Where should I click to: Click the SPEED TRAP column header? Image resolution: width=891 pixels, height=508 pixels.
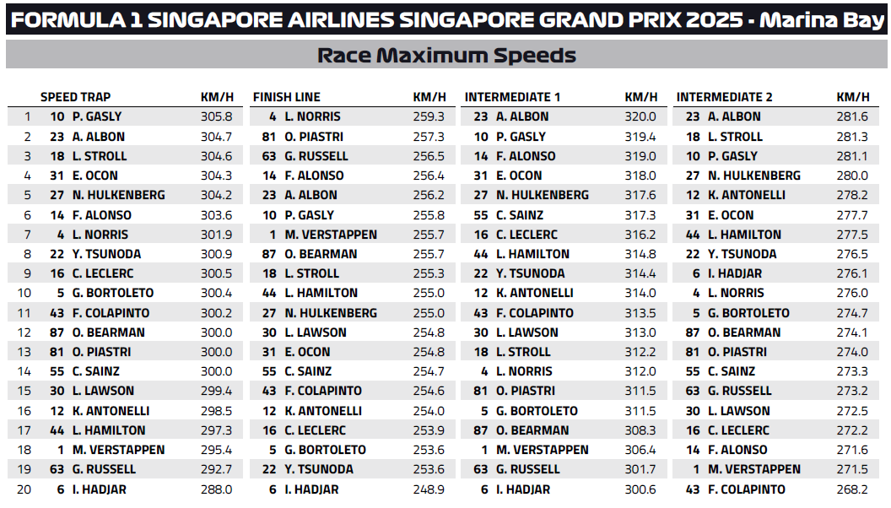(x=75, y=97)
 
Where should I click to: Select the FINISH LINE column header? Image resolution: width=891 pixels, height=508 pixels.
(x=287, y=97)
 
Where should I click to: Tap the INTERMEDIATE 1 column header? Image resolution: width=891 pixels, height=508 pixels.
(x=512, y=97)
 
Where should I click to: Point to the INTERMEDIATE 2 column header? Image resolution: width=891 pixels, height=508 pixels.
(x=724, y=97)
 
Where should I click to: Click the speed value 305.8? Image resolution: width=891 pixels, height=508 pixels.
(x=216, y=117)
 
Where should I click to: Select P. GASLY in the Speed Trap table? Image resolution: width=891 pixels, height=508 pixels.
(x=97, y=117)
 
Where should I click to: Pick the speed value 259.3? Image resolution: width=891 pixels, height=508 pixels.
(x=429, y=117)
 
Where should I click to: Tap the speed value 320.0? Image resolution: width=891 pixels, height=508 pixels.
(x=640, y=117)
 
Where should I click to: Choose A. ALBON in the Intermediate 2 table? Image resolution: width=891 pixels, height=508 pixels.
(x=734, y=117)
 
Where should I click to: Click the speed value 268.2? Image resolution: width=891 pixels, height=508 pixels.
(x=852, y=489)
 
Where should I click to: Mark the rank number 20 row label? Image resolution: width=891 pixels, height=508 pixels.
(x=27, y=489)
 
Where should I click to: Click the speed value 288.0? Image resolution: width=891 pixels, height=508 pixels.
(x=216, y=489)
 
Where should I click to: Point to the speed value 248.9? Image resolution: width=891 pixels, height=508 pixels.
(x=429, y=489)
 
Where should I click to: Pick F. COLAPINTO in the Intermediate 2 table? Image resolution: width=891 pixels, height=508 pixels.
(x=747, y=489)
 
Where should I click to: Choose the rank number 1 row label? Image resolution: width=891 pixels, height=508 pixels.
(x=27, y=117)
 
